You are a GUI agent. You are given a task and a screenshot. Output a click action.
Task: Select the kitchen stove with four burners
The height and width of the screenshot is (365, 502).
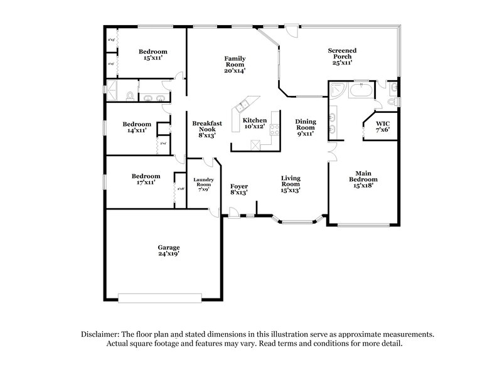[274, 129]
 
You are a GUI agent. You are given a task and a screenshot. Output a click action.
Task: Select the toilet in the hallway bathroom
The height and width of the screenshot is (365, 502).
[129, 96]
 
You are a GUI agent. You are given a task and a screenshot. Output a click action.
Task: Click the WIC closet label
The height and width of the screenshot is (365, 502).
[383, 123]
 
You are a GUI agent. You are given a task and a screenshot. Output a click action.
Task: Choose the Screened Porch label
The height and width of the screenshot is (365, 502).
[343, 53]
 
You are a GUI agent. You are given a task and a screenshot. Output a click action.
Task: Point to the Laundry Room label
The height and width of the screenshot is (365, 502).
[204, 182]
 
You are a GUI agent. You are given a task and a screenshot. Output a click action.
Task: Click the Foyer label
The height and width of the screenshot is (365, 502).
[239, 186]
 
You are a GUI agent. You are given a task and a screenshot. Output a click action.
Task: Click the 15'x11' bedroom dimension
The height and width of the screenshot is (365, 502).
[153, 57]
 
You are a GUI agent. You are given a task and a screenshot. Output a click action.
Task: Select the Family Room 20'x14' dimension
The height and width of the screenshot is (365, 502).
[234, 70]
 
